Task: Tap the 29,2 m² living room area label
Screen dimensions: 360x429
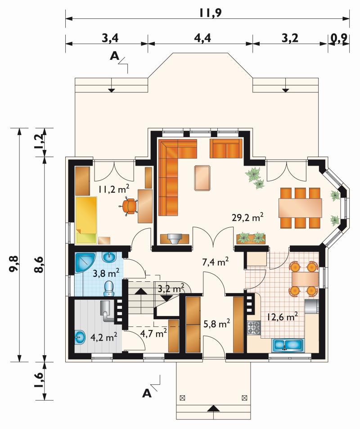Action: pos(247,217)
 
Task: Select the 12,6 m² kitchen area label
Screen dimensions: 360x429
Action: pos(282,317)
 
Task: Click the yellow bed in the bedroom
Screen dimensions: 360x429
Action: pos(86,220)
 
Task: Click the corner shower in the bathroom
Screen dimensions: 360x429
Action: pos(85,262)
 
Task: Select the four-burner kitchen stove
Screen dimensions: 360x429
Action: pos(254,328)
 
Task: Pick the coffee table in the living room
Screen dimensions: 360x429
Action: pos(202,178)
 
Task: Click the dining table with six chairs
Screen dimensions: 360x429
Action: pos(300,208)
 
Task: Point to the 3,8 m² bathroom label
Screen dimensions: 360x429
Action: pos(106,273)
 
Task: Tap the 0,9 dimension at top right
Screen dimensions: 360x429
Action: pos(339,38)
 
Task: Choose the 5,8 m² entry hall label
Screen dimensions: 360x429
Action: pos(216,324)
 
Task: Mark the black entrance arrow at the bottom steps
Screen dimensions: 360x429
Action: pos(213,408)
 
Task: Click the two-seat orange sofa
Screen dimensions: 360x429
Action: pos(226,149)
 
